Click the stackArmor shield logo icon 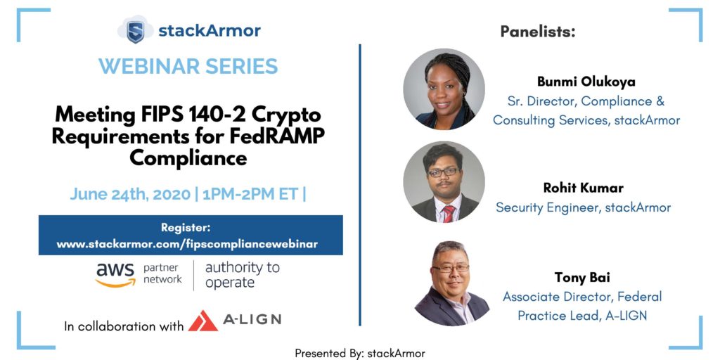click(135, 30)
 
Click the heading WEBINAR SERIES click(188, 66)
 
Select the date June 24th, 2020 click(130, 194)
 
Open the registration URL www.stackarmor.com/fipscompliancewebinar click(187, 244)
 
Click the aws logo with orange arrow click(115, 275)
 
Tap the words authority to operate click(242, 275)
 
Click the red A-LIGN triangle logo click(202, 321)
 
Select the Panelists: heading click(538, 32)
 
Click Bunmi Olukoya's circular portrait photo click(444, 89)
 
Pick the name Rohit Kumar click(583, 188)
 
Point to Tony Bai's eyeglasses click(451, 268)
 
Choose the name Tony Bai click(582, 278)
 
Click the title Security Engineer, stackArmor click(583, 207)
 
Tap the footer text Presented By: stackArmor click(360, 353)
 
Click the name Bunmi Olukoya click(586, 82)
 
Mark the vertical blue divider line click(360, 185)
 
